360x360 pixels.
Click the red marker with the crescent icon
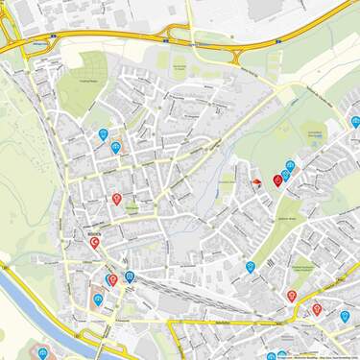[x=95, y=243]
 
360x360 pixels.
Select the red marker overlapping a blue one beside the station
[x=113, y=279]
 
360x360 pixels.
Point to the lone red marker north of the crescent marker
[x=116, y=199]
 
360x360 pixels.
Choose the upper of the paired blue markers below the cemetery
[x=103, y=134]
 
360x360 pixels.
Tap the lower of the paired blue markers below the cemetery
[x=116, y=147]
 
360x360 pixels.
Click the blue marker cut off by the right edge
[x=356, y=122]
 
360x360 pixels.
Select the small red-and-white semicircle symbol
[x=256, y=181]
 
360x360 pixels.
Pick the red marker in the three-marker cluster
[x=278, y=180]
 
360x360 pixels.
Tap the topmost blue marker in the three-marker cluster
[x=291, y=164]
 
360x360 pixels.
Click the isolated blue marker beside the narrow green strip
[x=251, y=267]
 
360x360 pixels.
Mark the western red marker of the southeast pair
[x=292, y=296]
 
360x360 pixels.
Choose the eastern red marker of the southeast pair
[x=317, y=309]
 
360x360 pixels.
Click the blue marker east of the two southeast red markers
[x=345, y=315]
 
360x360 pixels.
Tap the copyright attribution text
[x=317, y=356]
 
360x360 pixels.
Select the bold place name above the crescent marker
[x=93, y=231]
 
